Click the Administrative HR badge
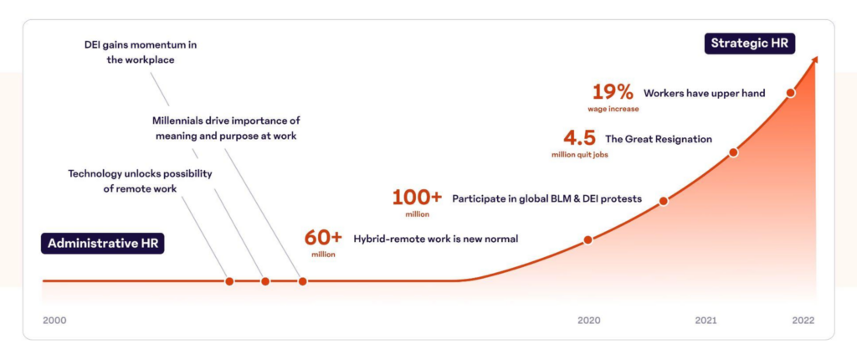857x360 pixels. [x=104, y=244]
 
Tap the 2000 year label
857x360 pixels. [x=54, y=320]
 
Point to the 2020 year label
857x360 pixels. [x=588, y=320]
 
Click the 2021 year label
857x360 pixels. [x=706, y=320]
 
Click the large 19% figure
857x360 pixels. [x=613, y=92]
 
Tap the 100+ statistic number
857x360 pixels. [x=417, y=198]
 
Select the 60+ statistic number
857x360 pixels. [x=323, y=237]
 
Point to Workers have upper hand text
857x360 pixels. [x=705, y=93]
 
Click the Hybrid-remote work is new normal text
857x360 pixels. [x=436, y=239]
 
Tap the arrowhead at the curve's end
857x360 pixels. [x=814, y=61]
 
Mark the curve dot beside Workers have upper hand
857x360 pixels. [x=790, y=93]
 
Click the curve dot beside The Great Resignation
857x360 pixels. [x=733, y=152]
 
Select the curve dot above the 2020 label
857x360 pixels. [x=588, y=239]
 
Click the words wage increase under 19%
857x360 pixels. [x=613, y=109]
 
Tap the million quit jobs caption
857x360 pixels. [x=578, y=155]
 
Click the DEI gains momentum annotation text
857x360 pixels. [x=140, y=52]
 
